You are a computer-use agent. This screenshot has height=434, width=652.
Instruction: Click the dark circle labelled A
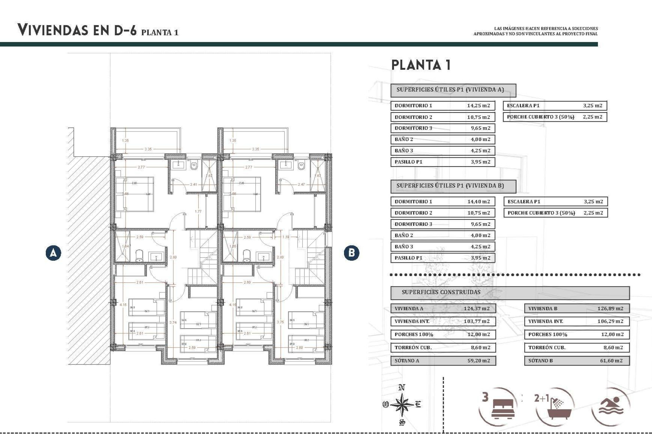click(53, 253)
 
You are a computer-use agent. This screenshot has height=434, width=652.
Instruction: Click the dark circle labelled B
click(351, 253)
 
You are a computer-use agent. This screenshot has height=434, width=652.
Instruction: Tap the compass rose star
click(402, 405)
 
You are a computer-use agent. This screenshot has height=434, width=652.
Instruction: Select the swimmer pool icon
click(611, 406)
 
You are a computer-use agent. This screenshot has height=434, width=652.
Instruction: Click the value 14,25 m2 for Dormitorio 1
click(478, 105)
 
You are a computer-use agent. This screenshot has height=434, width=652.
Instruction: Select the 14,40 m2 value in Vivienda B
click(478, 201)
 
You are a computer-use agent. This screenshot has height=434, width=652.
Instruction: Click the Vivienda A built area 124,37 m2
click(476, 309)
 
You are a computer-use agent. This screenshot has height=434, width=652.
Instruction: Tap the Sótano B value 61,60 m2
click(611, 361)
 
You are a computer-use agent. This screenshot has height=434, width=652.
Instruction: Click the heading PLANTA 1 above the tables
click(421, 65)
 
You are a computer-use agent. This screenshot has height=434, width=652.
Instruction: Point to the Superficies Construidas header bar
click(509, 292)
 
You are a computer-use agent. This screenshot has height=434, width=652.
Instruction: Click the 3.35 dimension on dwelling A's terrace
click(148, 149)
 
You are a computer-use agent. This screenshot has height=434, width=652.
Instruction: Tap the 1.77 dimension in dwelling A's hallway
click(198, 211)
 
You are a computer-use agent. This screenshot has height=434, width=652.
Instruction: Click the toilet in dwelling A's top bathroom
click(194, 165)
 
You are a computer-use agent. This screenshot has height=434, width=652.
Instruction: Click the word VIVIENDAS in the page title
click(53, 30)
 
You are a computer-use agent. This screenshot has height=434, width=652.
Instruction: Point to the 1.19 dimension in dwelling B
click(286, 237)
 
